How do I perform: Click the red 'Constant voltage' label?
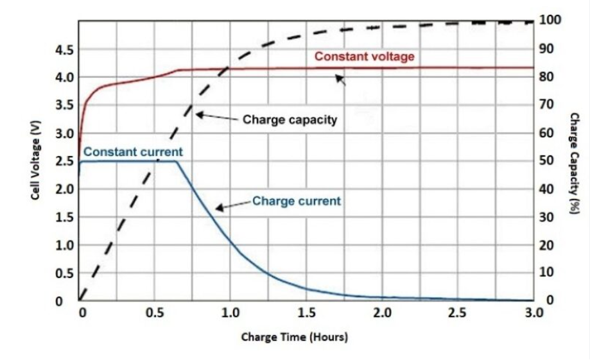[364, 56]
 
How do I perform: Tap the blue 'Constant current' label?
[133, 152]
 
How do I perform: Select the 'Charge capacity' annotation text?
[290, 119]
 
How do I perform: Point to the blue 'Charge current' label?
[296, 201]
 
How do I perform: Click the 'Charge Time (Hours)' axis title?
[294, 336]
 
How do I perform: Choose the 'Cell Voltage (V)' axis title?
[37, 160]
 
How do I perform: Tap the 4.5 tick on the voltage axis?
[64, 49]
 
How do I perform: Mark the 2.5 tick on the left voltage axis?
[64, 161]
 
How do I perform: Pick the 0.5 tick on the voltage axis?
[64, 273]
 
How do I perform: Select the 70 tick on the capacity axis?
[549, 105]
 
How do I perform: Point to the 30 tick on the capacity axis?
[549, 217]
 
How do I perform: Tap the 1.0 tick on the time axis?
[230, 313]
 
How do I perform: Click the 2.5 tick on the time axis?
[458, 313]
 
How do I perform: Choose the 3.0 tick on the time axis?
[534, 313]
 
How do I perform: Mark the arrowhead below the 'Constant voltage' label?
[340, 80]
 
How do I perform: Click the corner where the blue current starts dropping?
[175, 161]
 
